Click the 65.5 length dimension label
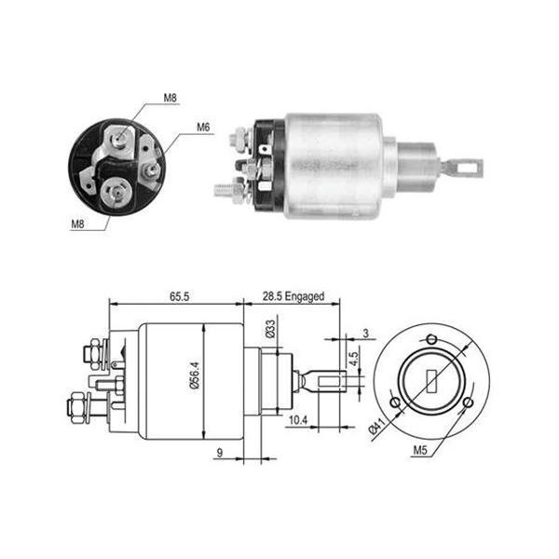tap(179, 296)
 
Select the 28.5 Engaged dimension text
tap(293, 296)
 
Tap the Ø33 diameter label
tap(270, 329)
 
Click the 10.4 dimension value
tap(298, 420)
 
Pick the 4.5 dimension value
tap(354, 359)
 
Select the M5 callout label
tap(420, 450)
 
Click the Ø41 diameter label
tap(376, 426)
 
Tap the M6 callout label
tap(203, 127)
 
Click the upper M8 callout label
tap(170, 98)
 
